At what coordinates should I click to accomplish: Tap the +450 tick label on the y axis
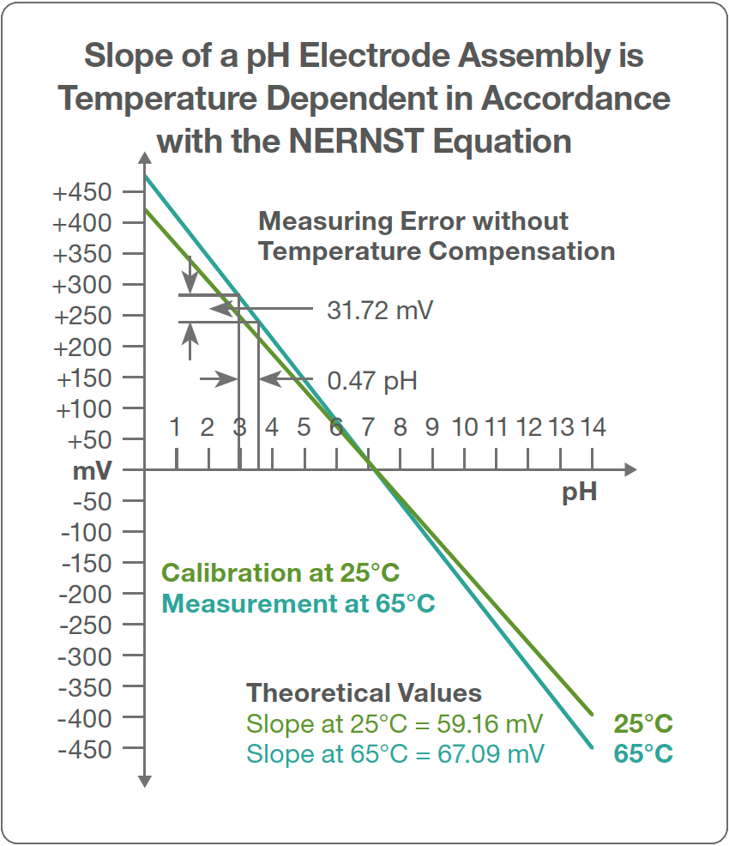tap(82, 192)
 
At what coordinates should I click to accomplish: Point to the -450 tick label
tap(84, 749)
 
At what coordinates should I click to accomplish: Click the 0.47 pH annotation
tap(372, 380)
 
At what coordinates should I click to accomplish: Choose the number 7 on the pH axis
tap(369, 426)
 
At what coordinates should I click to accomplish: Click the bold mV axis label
tap(93, 471)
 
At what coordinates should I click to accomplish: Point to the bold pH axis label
tap(580, 494)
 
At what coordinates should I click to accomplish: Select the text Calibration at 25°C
tap(281, 573)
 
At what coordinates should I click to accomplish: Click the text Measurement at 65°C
tap(298, 604)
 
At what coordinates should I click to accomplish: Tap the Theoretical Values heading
tap(364, 693)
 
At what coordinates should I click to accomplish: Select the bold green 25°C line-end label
tap(643, 724)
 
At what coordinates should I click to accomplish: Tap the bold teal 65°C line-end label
tap(643, 754)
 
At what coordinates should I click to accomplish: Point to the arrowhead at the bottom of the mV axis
tap(144, 781)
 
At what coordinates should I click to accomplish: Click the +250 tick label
tap(82, 316)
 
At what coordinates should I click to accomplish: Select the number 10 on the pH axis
tap(465, 426)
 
